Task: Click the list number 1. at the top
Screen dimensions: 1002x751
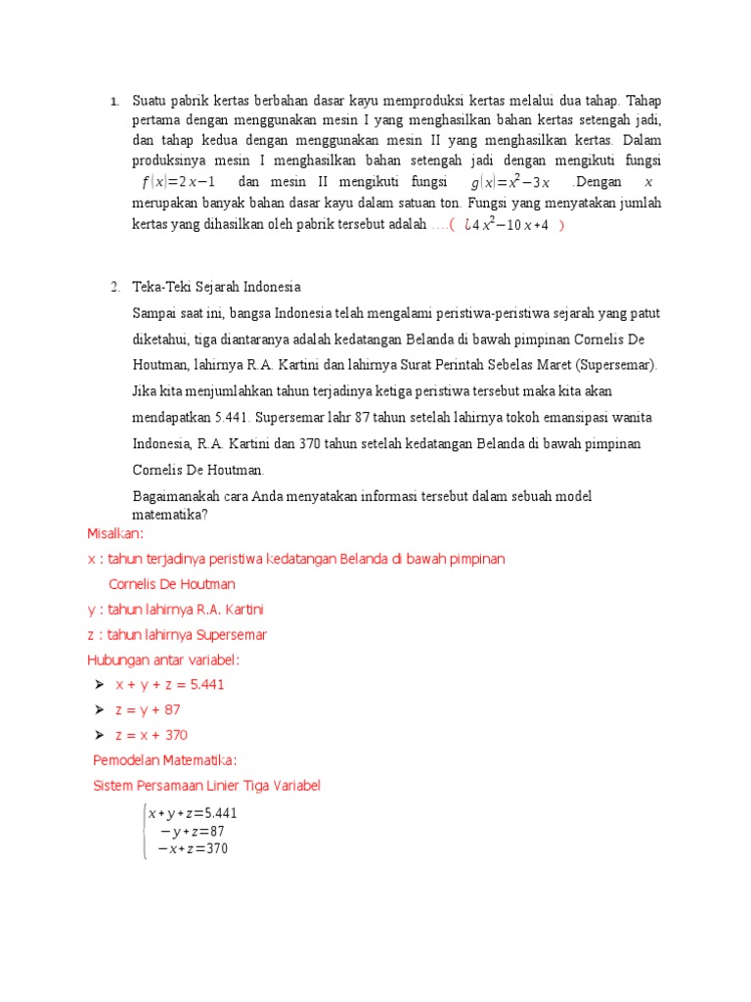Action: [x=113, y=101]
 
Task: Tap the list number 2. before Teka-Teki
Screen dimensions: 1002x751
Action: [x=115, y=287]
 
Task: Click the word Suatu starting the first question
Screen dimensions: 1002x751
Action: [x=149, y=101]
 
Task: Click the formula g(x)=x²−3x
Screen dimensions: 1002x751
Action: [x=511, y=183]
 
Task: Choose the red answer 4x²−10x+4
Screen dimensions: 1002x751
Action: [x=507, y=225]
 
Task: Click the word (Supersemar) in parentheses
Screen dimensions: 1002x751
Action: [x=600, y=365]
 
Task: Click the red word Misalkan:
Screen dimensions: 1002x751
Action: [x=115, y=533]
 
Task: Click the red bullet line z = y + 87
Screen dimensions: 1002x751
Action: [x=148, y=709]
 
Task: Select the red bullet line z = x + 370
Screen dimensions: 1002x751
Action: [x=152, y=735]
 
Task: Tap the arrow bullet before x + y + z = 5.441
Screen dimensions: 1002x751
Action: [x=100, y=684]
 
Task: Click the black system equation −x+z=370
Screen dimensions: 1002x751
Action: [x=193, y=848]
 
